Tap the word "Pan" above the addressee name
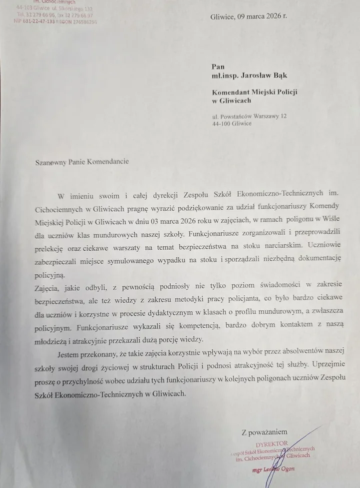218,66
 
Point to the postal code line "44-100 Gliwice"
232,124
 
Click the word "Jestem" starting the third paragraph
70,354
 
